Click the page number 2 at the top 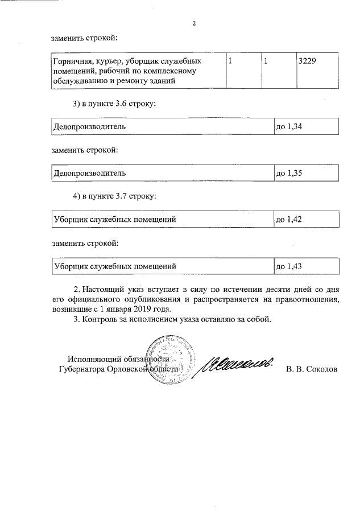click(x=194, y=23)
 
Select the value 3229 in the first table click(x=308, y=60)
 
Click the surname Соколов click(x=322, y=369)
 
